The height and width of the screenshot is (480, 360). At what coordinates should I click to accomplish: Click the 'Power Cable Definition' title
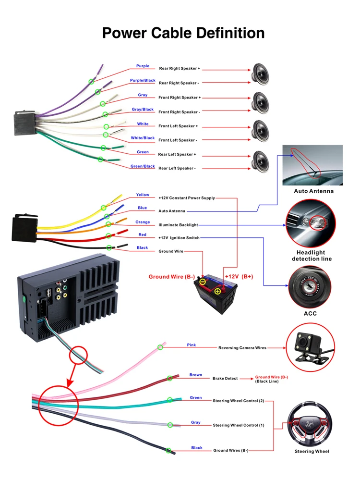(x=183, y=33)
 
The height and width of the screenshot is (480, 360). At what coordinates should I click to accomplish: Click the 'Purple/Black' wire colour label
(x=143, y=80)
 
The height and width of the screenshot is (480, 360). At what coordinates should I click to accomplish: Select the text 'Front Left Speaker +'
(x=178, y=126)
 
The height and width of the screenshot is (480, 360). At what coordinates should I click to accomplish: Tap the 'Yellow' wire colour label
(x=143, y=195)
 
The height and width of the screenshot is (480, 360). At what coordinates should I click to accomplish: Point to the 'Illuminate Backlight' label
(x=178, y=224)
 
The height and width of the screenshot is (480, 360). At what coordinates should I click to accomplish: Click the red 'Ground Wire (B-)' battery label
(x=171, y=277)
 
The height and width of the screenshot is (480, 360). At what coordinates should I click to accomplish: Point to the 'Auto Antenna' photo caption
(x=313, y=191)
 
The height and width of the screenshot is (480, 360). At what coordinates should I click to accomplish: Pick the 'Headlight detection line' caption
(x=311, y=256)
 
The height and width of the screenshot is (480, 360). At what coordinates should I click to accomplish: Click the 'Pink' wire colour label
(x=192, y=345)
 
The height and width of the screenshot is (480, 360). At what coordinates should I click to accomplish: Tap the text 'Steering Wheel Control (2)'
(x=239, y=401)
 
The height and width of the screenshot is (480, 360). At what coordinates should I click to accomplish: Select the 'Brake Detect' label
(x=225, y=379)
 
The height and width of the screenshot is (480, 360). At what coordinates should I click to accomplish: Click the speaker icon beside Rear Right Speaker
(x=261, y=75)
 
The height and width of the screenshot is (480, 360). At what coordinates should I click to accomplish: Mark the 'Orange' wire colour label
(x=143, y=222)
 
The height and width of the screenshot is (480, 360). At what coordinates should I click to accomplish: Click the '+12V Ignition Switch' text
(x=179, y=238)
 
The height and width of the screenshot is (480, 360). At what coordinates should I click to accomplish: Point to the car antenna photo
(x=312, y=165)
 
